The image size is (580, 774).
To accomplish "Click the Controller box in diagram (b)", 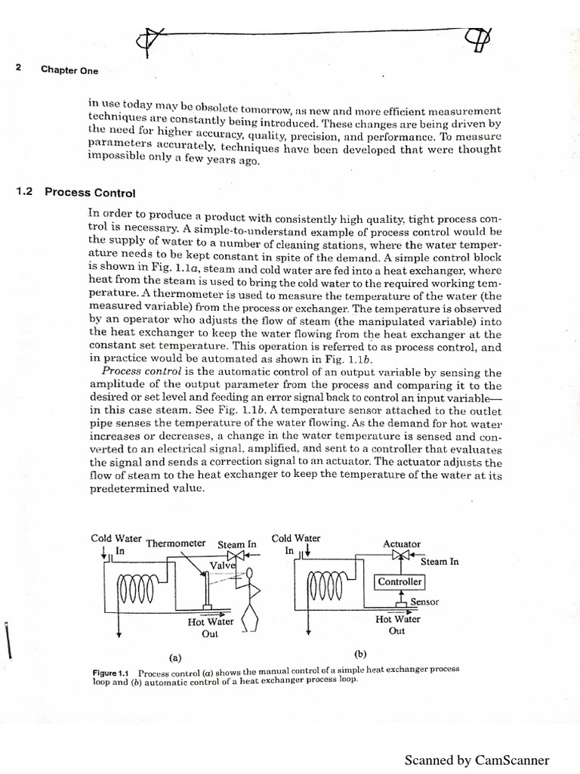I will (400, 582).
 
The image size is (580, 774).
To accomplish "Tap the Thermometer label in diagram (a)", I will (175, 543).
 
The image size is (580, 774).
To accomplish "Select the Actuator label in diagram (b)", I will (402, 543).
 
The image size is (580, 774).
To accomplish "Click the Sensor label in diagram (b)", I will (424, 602).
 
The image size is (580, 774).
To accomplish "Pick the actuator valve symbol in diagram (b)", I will (400, 556).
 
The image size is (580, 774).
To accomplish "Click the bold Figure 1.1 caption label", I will (113, 671).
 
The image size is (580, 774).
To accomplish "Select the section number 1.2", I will (24, 191).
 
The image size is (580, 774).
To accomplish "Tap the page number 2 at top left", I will (18, 69).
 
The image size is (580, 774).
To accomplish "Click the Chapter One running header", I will (69, 70).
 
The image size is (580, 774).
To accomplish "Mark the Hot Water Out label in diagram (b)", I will (397, 624).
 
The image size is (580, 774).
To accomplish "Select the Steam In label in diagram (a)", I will (237, 543).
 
